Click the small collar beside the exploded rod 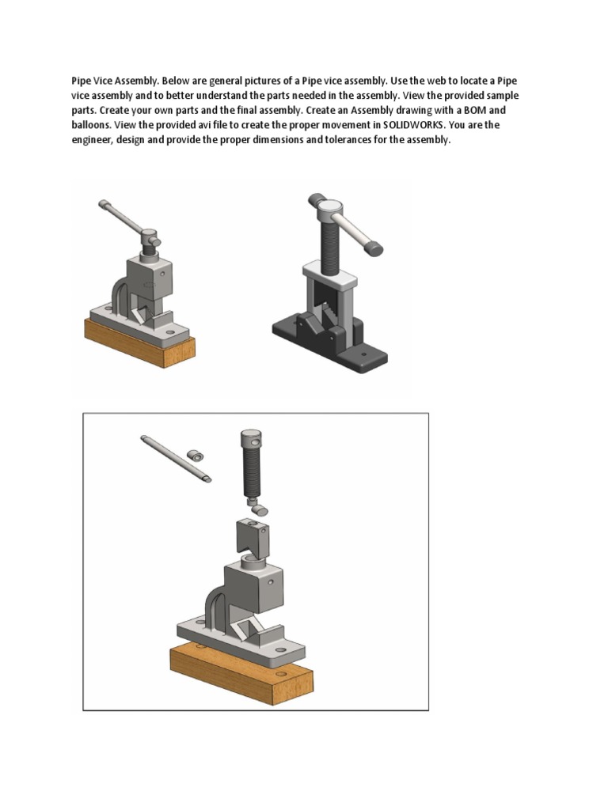point(195,456)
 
